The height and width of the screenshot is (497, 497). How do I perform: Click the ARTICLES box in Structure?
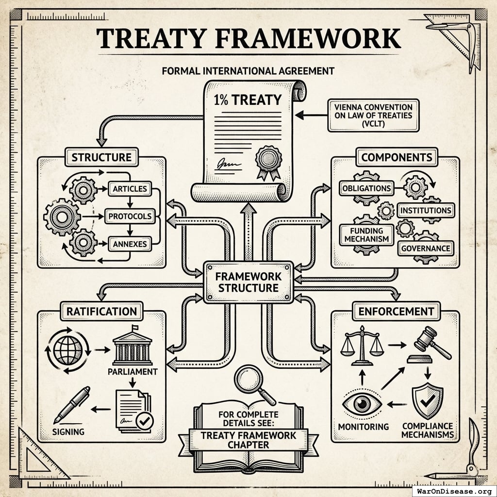tap(130, 188)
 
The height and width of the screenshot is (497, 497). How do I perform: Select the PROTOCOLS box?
tap(129, 216)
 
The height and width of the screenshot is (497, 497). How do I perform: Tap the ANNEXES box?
tap(129, 244)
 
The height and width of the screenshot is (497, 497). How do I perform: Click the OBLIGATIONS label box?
tap(366, 188)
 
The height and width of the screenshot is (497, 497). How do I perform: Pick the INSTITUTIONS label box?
tap(425, 210)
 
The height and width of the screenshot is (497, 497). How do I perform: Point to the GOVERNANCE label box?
tap(425, 248)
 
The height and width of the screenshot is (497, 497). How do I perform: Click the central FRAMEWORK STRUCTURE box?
tap(248, 282)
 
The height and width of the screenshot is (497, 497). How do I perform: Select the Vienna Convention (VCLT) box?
tap(373, 116)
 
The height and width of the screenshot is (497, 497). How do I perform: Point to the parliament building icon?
tap(132, 348)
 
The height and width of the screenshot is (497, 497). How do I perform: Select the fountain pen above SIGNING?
tap(72, 404)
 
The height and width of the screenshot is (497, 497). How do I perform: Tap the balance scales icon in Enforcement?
tap(362, 345)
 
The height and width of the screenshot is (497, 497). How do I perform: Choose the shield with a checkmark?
tap(427, 400)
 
